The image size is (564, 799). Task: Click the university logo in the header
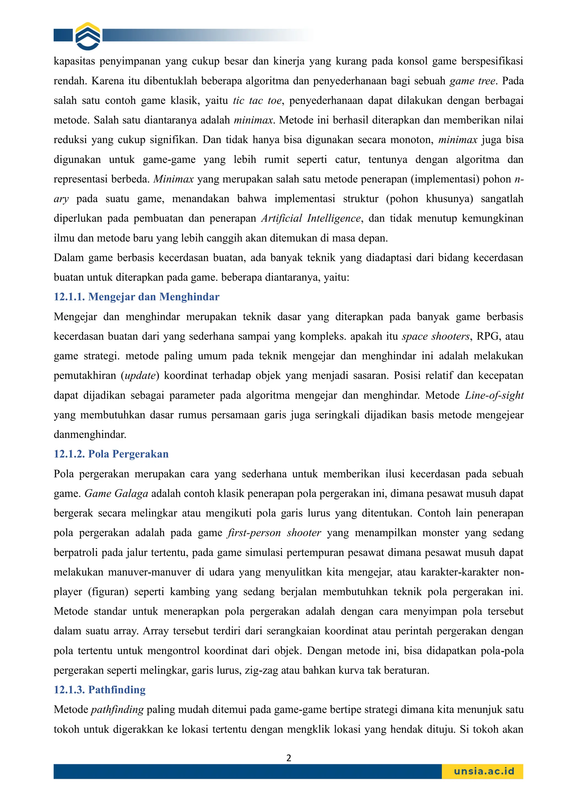pyautogui.click(x=88, y=36)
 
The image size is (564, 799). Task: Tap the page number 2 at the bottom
pyautogui.click(x=288, y=758)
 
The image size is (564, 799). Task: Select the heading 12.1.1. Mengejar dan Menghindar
pyautogui.click(x=136, y=297)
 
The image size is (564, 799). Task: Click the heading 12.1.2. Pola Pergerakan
pyautogui.click(x=111, y=454)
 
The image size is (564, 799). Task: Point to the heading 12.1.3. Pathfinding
pyautogui.click(x=99, y=690)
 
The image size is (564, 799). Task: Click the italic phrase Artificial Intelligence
pyautogui.click(x=311, y=218)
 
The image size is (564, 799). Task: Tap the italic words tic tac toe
pyautogui.click(x=257, y=101)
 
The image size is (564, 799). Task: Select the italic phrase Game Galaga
pyautogui.click(x=116, y=493)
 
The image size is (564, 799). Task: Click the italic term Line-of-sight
pyautogui.click(x=494, y=395)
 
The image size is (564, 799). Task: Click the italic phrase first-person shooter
pyautogui.click(x=275, y=533)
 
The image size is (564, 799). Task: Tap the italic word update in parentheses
pyautogui.click(x=140, y=375)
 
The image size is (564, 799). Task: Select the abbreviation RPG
pyautogui.click(x=488, y=336)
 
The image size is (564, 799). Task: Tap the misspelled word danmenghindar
pyautogui.click(x=90, y=435)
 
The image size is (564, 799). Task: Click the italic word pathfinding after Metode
pyautogui.click(x=117, y=710)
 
